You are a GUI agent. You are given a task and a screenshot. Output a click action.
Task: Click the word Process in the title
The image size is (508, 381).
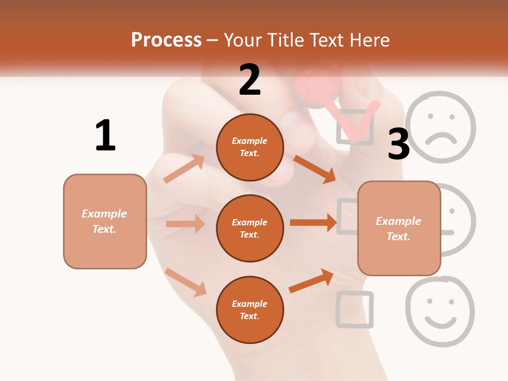click(x=166, y=40)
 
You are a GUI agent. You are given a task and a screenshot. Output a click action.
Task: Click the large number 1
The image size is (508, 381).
click(x=105, y=135)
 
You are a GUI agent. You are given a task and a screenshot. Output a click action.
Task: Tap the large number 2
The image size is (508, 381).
click(x=250, y=79)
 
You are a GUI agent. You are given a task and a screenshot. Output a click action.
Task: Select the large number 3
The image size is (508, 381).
click(x=398, y=144)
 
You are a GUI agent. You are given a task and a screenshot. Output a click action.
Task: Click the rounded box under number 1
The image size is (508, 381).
click(x=105, y=221)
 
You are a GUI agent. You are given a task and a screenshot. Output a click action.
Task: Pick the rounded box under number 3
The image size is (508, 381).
click(x=399, y=228)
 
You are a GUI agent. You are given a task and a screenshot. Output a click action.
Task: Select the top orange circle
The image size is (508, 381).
click(x=250, y=147)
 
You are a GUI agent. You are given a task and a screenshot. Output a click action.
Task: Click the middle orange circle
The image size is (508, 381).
click(x=250, y=228)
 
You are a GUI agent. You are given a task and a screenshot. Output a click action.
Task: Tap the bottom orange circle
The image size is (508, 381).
click(x=250, y=310)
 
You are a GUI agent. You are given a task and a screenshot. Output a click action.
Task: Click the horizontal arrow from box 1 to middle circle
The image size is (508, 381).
click(x=185, y=224)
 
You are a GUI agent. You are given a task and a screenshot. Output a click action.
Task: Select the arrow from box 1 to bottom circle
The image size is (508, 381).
click(x=186, y=282)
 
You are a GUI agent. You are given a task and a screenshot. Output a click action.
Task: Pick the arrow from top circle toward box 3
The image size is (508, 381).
click(x=314, y=169)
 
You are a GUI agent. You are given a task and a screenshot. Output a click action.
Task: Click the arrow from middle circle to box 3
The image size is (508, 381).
click(x=313, y=223)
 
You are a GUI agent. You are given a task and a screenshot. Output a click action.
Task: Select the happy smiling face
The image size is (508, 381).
click(x=440, y=311)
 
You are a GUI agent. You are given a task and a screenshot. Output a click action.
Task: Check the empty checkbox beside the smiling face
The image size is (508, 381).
click(x=354, y=309)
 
